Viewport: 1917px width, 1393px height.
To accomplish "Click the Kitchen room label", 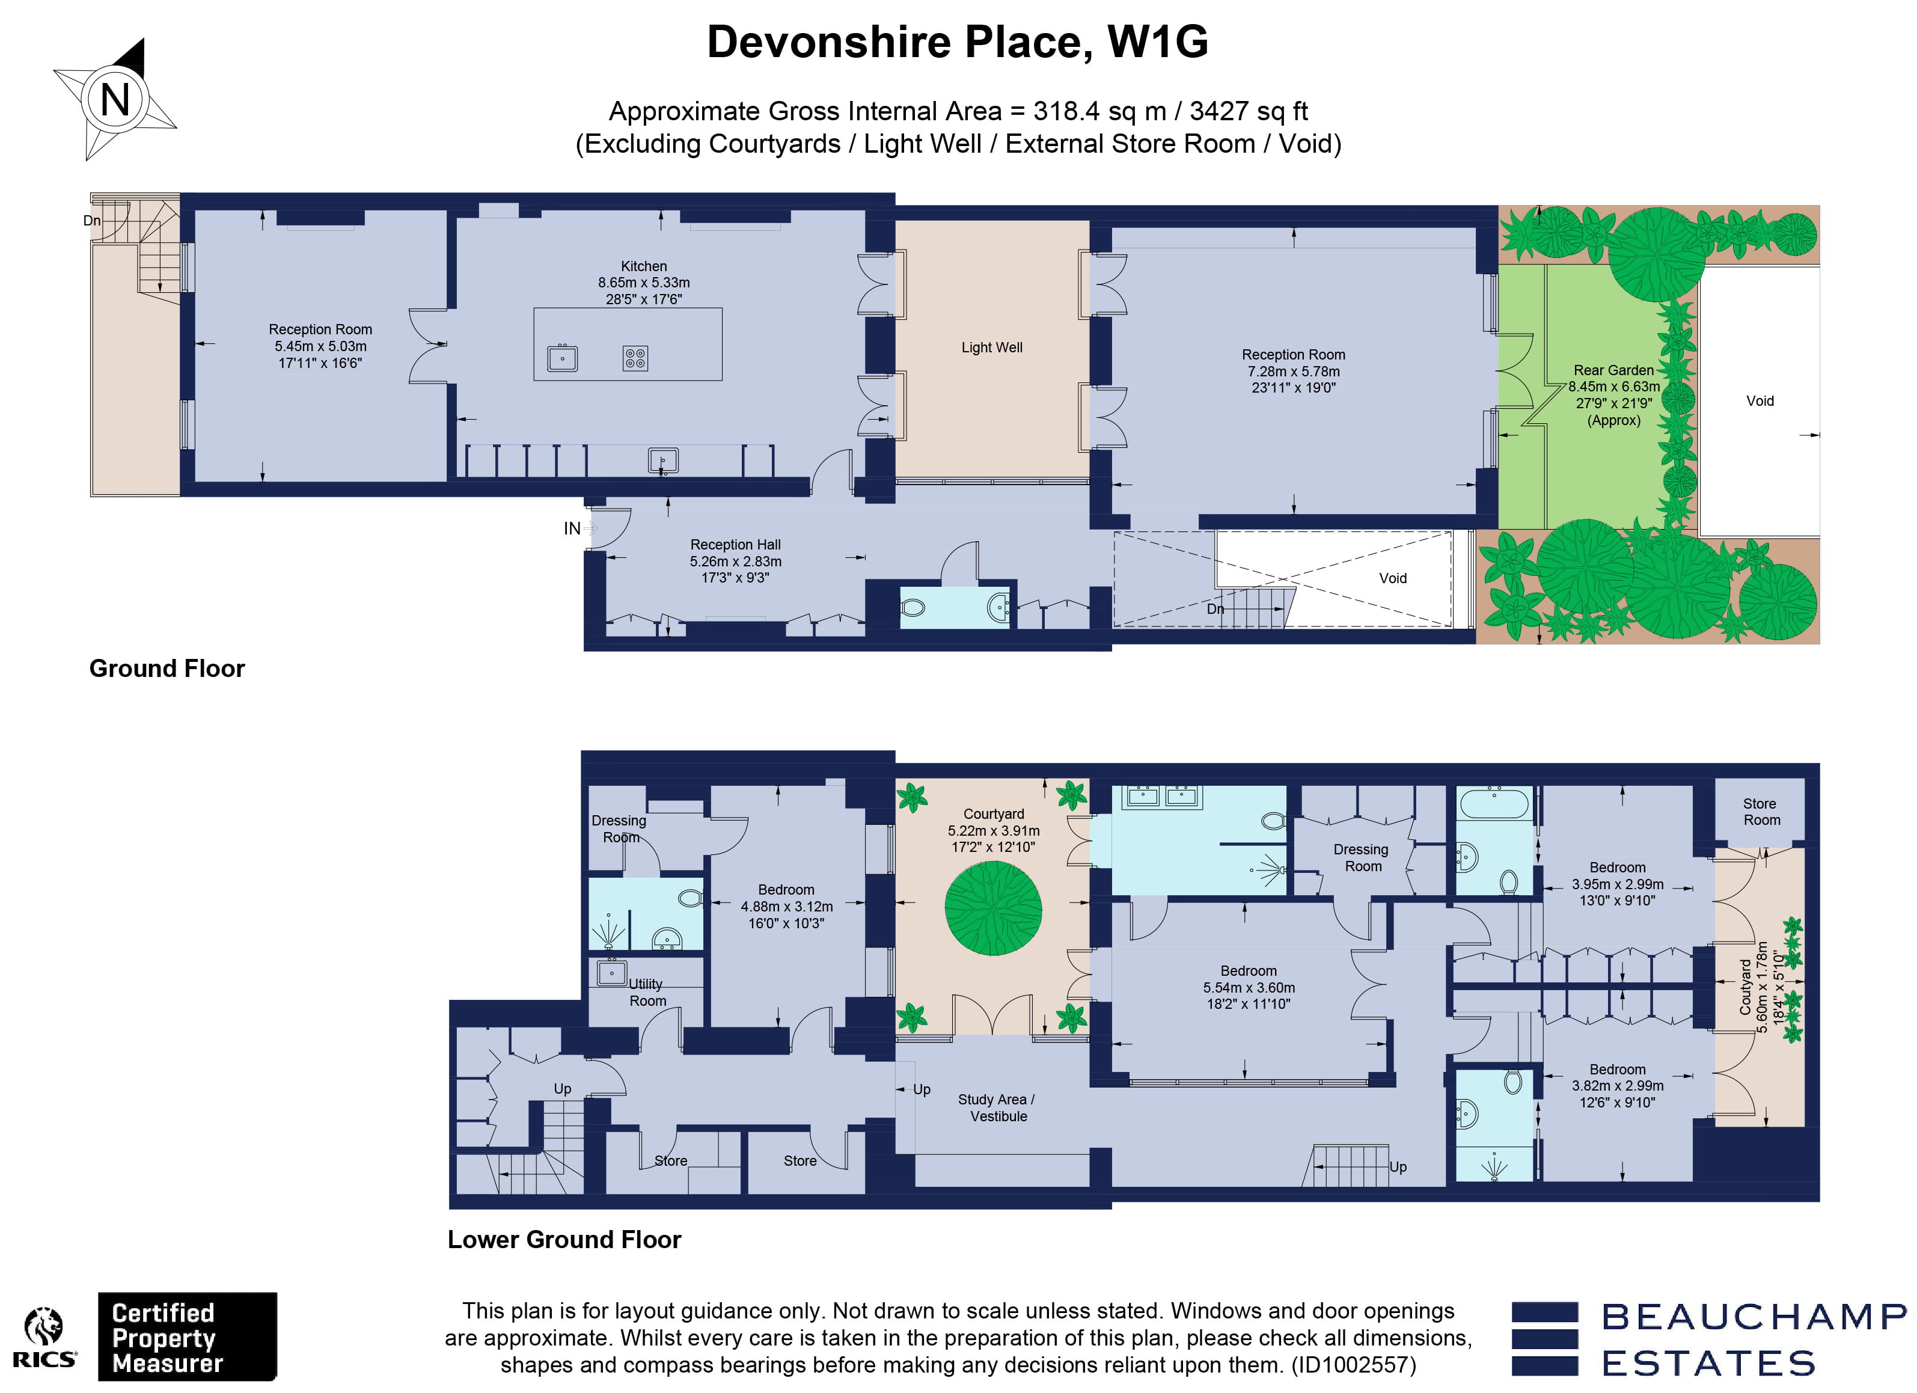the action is tap(643, 266).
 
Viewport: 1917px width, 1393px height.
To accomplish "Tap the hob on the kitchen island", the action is tap(635, 358).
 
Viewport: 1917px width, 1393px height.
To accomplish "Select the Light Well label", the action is tap(991, 347).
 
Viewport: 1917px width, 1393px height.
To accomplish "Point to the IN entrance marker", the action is tap(572, 528).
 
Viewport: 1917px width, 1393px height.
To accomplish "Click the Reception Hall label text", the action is tap(735, 545).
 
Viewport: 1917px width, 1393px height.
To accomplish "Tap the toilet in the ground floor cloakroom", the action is tap(914, 607).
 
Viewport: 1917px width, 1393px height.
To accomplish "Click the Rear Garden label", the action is tap(1613, 370).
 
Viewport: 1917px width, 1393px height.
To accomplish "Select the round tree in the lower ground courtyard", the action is tap(992, 908).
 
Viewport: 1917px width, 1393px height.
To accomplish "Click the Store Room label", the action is tap(1761, 812).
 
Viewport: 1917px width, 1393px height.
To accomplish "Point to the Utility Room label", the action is tap(647, 993).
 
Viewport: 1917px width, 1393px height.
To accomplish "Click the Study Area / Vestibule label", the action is tap(997, 1107).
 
